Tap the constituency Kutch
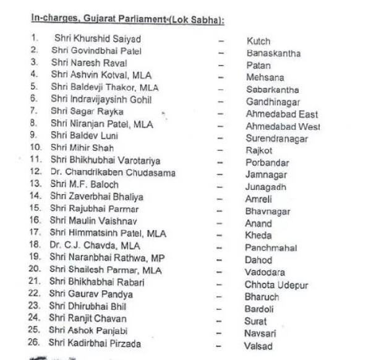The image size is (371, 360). (x=258, y=41)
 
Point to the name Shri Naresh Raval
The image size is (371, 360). (x=89, y=62)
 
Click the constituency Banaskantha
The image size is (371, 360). (x=273, y=53)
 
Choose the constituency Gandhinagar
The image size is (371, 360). (x=273, y=102)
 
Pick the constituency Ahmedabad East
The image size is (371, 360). (x=282, y=114)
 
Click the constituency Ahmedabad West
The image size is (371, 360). (x=283, y=126)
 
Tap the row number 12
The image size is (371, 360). (x=36, y=171)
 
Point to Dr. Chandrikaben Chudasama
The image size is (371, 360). (x=109, y=171)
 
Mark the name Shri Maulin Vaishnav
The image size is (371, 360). (x=94, y=220)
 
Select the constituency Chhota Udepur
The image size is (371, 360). (x=276, y=285)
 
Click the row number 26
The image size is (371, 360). (x=36, y=343)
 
